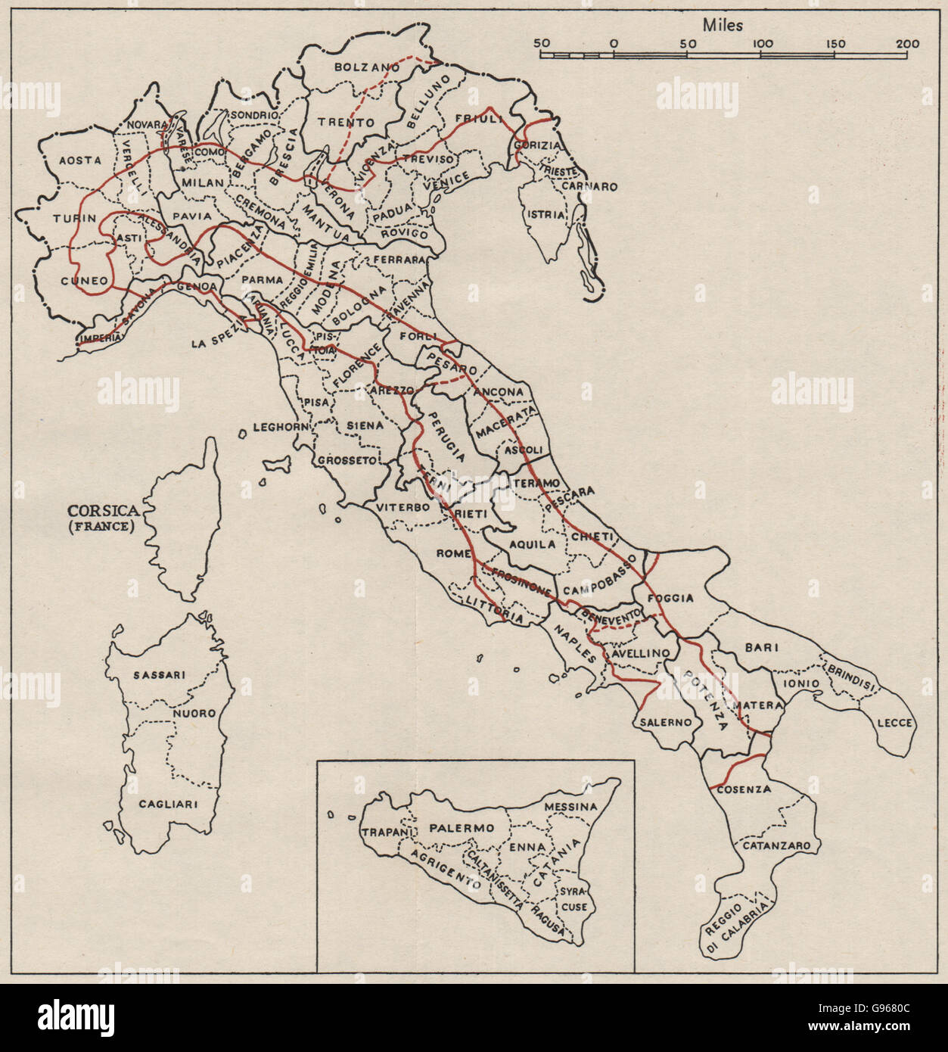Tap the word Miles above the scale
tap(723, 25)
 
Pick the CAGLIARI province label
tap(168, 804)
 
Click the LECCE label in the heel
tap(895, 723)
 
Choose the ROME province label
tap(453, 554)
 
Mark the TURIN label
tap(74, 218)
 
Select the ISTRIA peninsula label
tap(547, 215)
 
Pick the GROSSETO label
tap(347, 459)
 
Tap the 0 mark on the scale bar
tap(614, 44)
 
